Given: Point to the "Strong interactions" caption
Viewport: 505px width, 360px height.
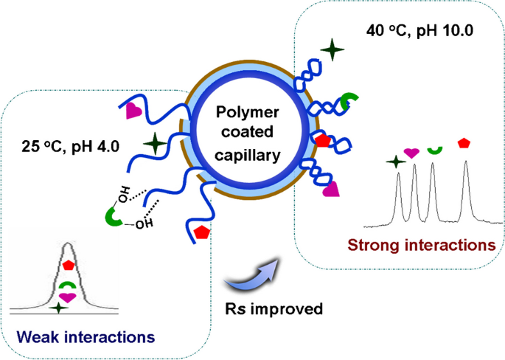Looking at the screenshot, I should coord(420,243).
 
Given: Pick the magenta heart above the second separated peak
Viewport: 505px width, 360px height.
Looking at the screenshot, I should coord(412,152).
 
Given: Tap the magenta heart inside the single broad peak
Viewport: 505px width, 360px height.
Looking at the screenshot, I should coord(68,297).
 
